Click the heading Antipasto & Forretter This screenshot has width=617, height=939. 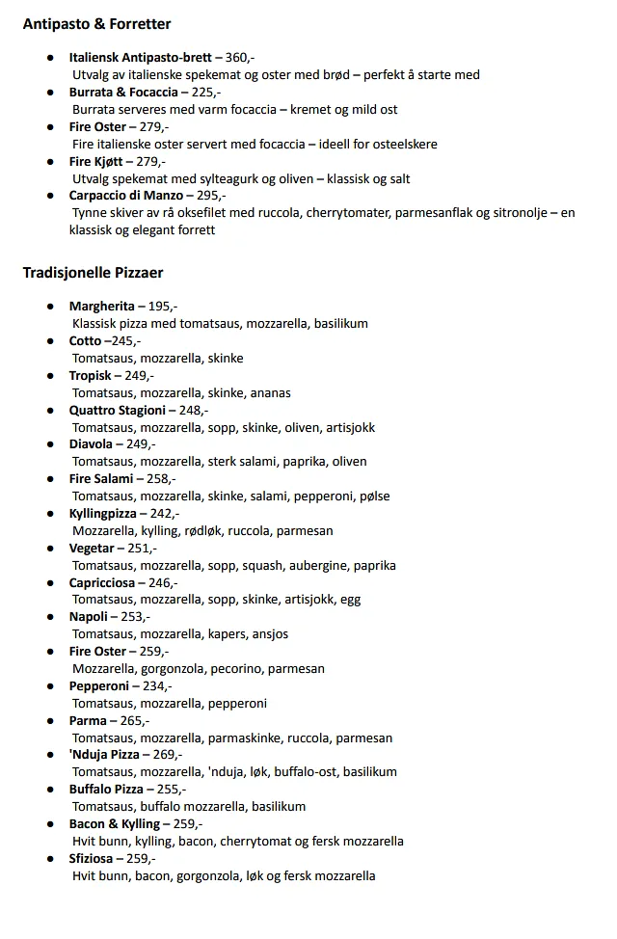point(96,23)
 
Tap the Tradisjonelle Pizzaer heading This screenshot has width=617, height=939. point(93,273)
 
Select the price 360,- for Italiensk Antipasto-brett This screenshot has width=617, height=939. point(240,58)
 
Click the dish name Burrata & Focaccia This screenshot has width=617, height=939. point(123,93)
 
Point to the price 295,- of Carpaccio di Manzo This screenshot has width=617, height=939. point(211,196)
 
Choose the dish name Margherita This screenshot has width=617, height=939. point(101,307)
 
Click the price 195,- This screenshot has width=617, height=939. point(163,307)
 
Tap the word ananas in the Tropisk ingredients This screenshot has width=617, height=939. point(270,393)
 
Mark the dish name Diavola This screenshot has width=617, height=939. point(93,444)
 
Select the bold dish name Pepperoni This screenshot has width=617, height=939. point(98,686)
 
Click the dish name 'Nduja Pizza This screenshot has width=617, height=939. point(104,755)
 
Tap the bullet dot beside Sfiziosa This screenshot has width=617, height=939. point(50,858)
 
